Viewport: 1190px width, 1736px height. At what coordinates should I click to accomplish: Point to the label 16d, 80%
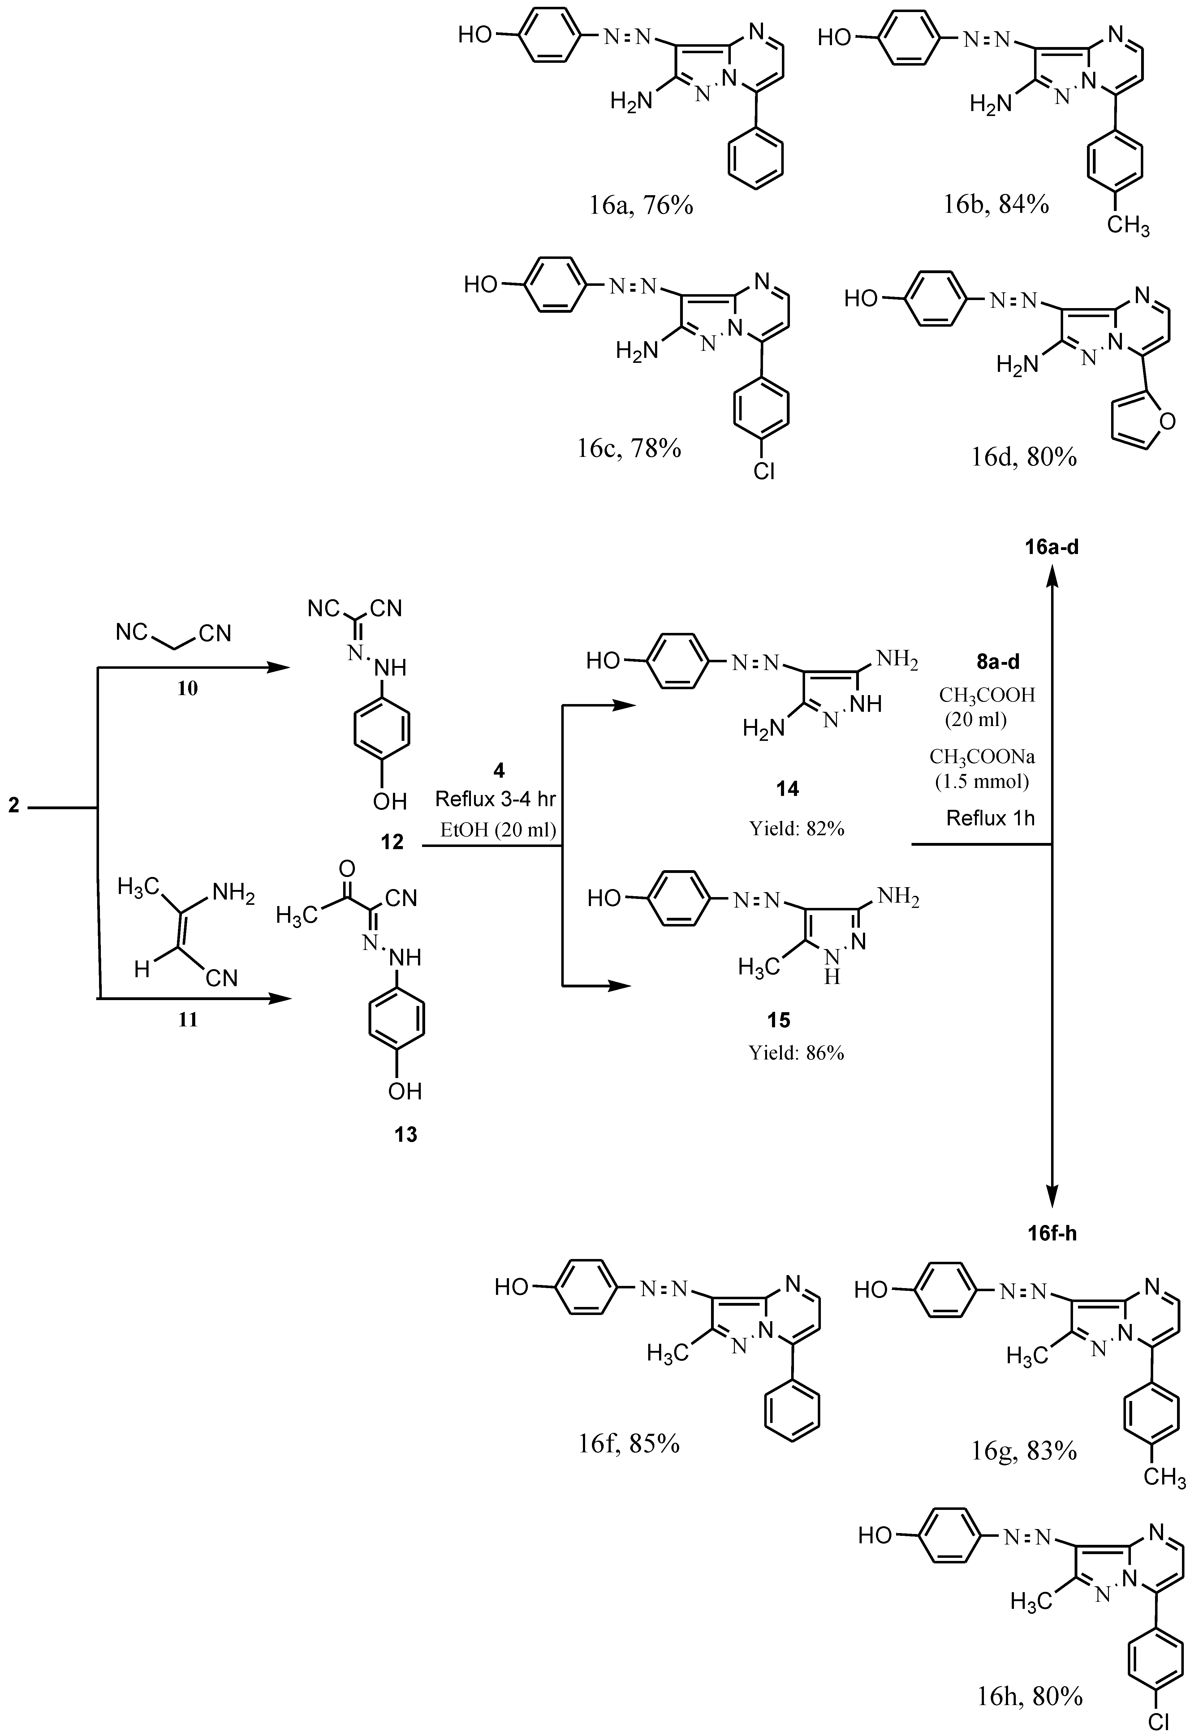(1024, 456)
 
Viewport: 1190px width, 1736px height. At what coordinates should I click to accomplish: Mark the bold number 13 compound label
(406, 1135)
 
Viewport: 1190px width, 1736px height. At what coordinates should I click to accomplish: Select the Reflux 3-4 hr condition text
(495, 799)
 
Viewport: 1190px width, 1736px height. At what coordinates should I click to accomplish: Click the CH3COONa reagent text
(981, 757)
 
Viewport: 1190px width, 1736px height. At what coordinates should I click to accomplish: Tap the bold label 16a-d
(1052, 548)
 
